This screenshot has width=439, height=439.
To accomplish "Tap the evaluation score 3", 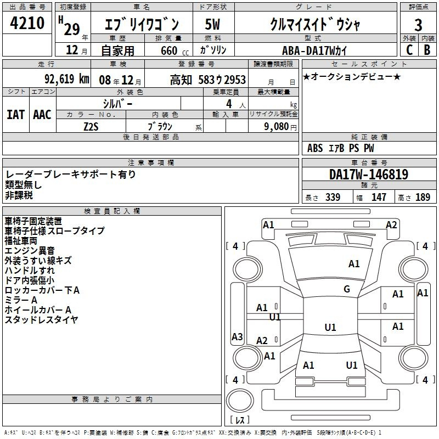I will [x=418, y=25].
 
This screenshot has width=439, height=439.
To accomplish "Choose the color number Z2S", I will [x=91, y=126].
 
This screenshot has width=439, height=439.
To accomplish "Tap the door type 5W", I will [x=212, y=24].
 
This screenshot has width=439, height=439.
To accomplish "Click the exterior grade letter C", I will [x=409, y=50].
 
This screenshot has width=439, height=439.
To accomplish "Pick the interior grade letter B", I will [x=427, y=50].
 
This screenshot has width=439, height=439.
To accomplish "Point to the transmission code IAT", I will [x=16, y=114].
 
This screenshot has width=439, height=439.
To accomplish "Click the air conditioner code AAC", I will [x=42, y=114].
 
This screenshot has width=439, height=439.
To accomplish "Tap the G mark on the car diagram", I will [x=347, y=289].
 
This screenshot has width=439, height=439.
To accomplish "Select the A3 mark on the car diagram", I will [x=237, y=337].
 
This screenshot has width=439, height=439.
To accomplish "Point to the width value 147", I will [x=379, y=198].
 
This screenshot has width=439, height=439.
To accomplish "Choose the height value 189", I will [x=423, y=198].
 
